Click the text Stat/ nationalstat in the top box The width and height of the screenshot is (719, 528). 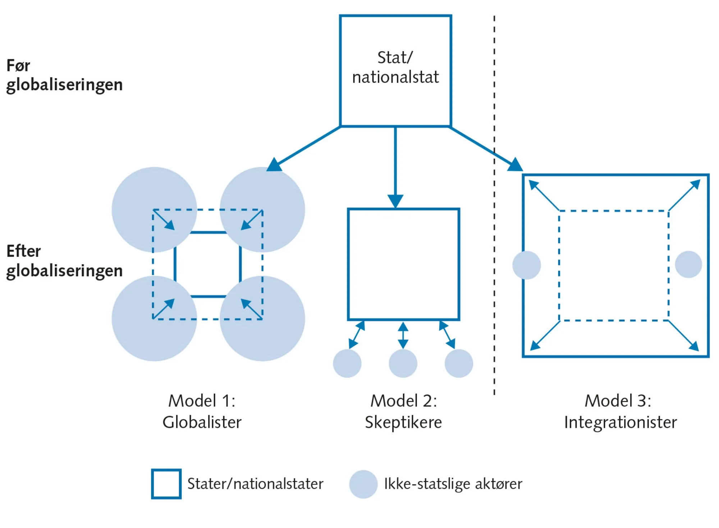click(x=395, y=67)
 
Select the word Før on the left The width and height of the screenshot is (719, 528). click(x=18, y=66)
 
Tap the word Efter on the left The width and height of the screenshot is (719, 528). click(x=24, y=251)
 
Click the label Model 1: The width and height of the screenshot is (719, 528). click(x=202, y=401)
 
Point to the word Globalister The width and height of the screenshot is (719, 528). click(x=202, y=422)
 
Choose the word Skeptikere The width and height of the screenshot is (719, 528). click(x=403, y=422)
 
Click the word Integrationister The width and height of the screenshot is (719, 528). click(x=620, y=422)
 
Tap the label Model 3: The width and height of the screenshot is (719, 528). click(x=618, y=401)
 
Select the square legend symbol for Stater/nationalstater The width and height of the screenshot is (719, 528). click(x=166, y=484)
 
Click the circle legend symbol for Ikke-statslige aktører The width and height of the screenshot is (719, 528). click(x=363, y=484)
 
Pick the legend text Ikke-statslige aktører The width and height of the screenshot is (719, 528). click(x=453, y=484)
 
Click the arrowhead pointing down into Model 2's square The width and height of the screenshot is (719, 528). click(x=395, y=200)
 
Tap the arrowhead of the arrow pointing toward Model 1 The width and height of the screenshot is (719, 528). click(x=275, y=165)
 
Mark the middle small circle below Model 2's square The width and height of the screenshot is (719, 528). click(x=403, y=363)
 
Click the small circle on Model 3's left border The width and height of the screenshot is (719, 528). click(x=526, y=265)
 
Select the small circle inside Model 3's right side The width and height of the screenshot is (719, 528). click(x=688, y=265)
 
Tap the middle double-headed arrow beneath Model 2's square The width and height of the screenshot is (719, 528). click(x=403, y=335)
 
